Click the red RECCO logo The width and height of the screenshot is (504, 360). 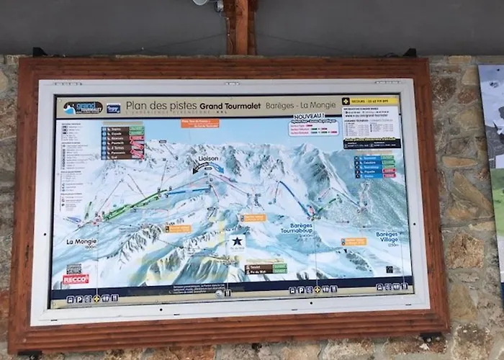pos(75,279)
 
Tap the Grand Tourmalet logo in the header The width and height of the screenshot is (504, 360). pos(82,108)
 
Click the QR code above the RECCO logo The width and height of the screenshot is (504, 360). pos(74,269)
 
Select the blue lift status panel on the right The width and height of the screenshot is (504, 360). pos(374,166)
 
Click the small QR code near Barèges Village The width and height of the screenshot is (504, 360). pos(389,270)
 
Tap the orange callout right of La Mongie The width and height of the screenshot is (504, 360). pos(178,228)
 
